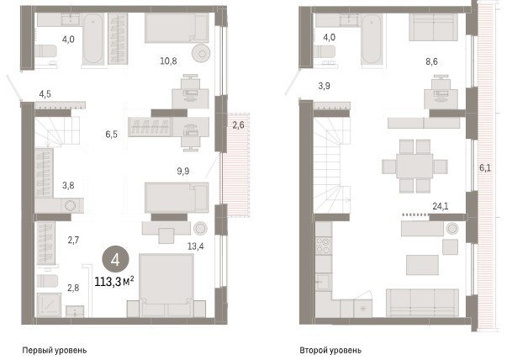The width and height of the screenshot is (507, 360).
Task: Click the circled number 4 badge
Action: (115, 259)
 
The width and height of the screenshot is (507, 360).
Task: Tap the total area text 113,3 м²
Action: (114, 282)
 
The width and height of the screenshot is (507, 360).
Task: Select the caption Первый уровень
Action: (55, 350)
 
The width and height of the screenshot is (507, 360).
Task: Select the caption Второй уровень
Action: (330, 350)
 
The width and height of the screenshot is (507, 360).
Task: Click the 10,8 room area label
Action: (168, 61)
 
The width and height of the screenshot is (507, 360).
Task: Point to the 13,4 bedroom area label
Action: (196, 246)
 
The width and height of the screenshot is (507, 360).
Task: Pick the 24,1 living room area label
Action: (441, 206)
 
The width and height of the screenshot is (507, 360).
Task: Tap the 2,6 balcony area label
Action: (238, 124)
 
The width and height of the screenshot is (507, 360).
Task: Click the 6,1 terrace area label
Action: (484, 167)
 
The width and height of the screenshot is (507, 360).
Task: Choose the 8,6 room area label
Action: (431, 61)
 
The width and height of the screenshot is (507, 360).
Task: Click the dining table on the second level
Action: (415, 166)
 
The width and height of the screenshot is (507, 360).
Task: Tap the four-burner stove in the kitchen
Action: (324, 246)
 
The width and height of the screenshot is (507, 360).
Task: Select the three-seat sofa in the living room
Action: (422, 303)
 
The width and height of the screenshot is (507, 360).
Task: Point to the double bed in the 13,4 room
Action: (166, 285)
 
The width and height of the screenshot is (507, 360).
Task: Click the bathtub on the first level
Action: (92, 38)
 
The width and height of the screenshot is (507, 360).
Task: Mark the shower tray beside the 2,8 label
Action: (49, 304)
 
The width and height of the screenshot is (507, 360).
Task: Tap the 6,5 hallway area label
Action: (111, 134)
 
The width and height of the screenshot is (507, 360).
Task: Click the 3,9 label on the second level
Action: (324, 86)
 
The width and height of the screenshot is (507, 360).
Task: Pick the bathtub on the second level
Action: (372, 40)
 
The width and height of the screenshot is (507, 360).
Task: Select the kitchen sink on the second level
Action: (323, 282)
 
